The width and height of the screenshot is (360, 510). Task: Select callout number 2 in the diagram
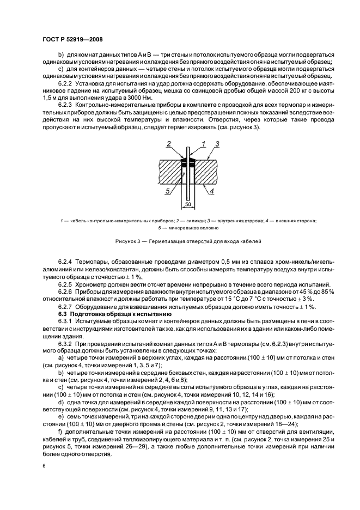click(169, 143)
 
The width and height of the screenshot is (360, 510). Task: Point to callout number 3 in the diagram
click(216, 143)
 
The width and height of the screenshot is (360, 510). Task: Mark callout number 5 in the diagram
click(168, 191)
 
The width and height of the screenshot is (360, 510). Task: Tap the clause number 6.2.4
click(67, 262)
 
